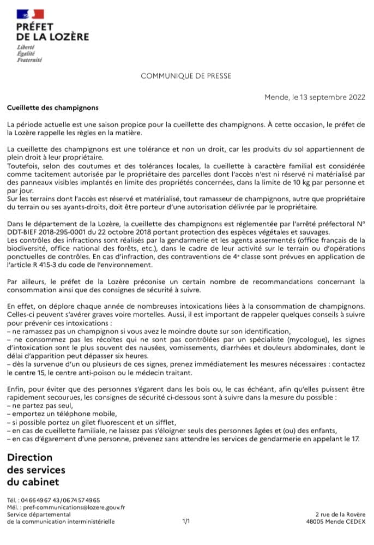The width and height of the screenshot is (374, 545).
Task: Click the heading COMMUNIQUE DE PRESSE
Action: [x=186, y=76]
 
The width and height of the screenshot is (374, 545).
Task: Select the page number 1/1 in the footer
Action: [x=186, y=522]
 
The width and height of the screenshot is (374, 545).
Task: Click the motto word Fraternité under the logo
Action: [x=31, y=59]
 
